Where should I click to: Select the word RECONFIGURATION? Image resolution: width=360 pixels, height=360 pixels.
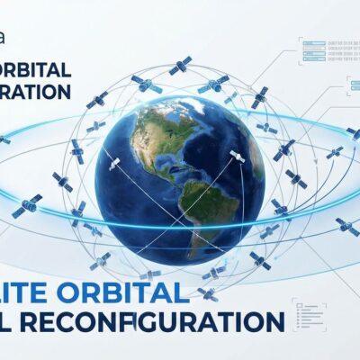click(171, 321)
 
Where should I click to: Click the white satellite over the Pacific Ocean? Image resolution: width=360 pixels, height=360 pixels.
click(115, 165)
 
